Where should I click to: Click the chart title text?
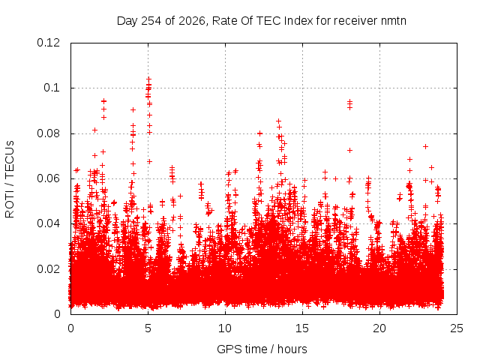pyautogui.click(x=262, y=21)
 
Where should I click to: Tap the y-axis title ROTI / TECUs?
pyautogui.click(x=10, y=179)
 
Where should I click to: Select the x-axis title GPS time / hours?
pyautogui.click(x=262, y=349)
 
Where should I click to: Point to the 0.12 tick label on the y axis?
pyautogui.click(x=48, y=43)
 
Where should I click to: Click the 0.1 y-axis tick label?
pyautogui.click(x=52, y=88)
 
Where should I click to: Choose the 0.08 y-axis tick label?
pyautogui.click(x=48, y=133)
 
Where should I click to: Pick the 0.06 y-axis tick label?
pyautogui.click(x=48, y=178)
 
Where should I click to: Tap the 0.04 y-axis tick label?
pyautogui.click(x=48, y=223)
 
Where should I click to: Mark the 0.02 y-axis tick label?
pyautogui.click(x=48, y=269)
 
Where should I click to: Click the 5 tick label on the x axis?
pyautogui.click(x=148, y=328)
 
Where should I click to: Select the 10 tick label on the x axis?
pyautogui.click(x=225, y=328)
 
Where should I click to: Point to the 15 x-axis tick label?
pyautogui.click(x=302, y=328)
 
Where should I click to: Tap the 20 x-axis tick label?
pyautogui.click(x=379, y=328)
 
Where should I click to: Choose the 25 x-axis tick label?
pyautogui.click(x=457, y=328)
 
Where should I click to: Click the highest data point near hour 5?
pyautogui.click(x=148, y=79)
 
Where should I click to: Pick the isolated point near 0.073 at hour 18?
pyautogui.click(x=349, y=150)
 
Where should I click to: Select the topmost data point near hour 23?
pyautogui.click(x=425, y=147)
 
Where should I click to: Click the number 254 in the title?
pyautogui.click(x=151, y=21)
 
